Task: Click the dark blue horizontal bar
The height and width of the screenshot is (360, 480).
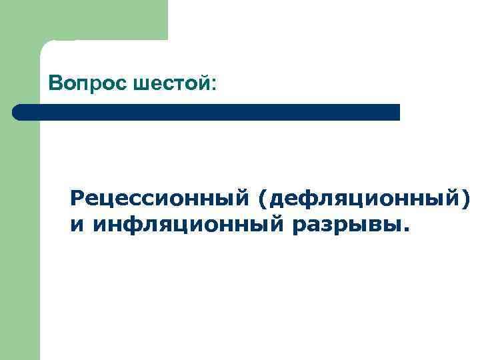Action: coord(207,112)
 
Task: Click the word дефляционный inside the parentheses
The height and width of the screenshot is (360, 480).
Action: coord(361,199)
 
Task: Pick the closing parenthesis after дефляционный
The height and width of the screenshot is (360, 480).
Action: coord(465,199)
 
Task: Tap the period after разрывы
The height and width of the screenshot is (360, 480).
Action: coord(407,231)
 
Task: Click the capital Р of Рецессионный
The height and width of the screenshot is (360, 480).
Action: coord(77,198)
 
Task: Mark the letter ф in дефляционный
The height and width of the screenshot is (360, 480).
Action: coord(300,199)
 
